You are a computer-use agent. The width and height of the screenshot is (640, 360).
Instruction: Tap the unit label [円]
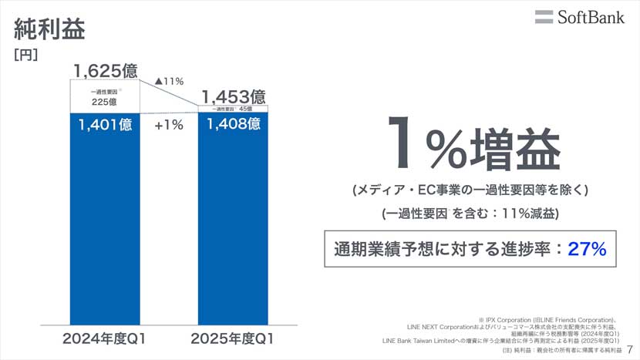point(26,56)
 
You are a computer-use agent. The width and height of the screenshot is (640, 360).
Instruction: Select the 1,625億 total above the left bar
point(106,72)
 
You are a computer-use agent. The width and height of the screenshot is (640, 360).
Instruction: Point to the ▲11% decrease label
point(169,81)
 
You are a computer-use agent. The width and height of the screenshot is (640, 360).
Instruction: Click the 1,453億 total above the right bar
point(234,97)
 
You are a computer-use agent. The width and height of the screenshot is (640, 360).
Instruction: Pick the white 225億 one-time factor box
point(105,97)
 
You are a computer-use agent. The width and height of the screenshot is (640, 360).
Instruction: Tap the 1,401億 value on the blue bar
point(105,125)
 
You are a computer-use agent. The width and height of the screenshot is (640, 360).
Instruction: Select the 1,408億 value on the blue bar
point(234,125)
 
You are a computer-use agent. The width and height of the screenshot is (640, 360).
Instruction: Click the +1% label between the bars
point(169,125)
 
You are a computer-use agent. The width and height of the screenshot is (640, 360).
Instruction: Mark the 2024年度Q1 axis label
point(105,338)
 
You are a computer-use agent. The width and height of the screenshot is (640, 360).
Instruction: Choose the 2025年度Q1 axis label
point(234,338)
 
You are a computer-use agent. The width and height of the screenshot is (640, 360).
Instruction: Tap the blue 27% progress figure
point(587,249)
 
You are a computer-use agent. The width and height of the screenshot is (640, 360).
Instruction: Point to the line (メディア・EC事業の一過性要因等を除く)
point(470,190)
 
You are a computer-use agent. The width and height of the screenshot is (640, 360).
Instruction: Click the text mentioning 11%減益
point(470,214)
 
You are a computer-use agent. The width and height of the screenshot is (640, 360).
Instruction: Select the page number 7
point(629,350)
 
